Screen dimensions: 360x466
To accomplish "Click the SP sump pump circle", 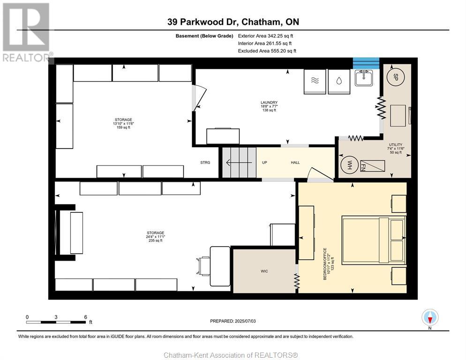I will pyautogui.click(x=396, y=76).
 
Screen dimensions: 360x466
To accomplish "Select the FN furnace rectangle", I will pyautogui.click(x=372, y=166).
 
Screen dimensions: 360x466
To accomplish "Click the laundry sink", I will pyautogui.click(x=364, y=78).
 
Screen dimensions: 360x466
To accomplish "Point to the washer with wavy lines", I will pyautogui.click(x=315, y=80).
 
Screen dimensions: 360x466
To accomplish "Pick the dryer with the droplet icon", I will pyautogui.click(x=338, y=80).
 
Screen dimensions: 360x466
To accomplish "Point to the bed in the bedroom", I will pyautogui.click(x=373, y=239).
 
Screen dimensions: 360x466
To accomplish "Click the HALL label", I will pyautogui.click(x=295, y=163).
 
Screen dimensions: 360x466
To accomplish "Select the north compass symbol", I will pyautogui.click(x=430, y=318).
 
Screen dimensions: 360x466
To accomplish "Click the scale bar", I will pyautogui.click(x=56, y=322).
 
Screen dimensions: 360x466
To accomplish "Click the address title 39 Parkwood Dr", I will pyautogui.click(x=233, y=22).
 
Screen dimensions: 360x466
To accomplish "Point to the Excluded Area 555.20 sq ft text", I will pyautogui.click(x=267, y=51).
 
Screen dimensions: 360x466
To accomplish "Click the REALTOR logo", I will pyautogui.click(x=26, y=33).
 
